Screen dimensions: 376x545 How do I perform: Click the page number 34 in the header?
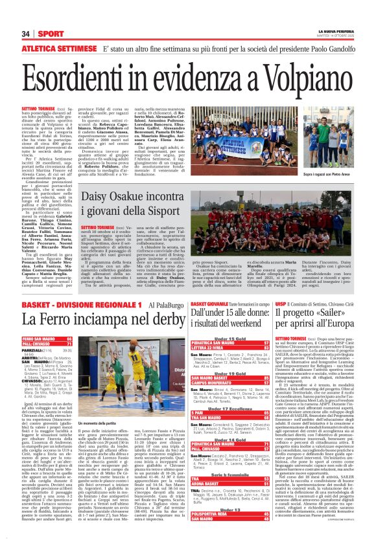26,34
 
